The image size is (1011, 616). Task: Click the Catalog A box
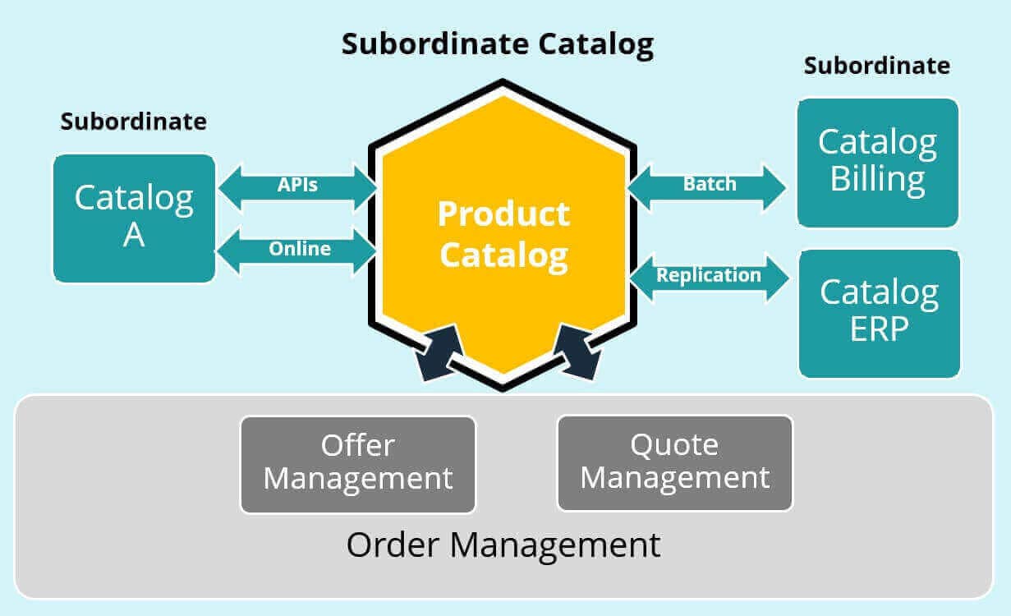tap(134, 218)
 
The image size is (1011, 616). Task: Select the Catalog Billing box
tap(877, 163)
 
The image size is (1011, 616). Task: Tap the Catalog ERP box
tap(879, 313)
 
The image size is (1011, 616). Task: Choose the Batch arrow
tap(708, 185)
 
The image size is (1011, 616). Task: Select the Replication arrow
tap(708, 276)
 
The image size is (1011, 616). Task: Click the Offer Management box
tap(357, 463)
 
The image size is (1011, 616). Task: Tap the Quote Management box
tap(674, 462)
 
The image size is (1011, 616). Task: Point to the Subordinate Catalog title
tap(498, 44)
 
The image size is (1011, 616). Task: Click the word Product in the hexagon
tap(503, 214)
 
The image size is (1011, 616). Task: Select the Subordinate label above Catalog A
tap(133, 122)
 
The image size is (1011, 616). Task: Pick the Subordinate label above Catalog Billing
tap(876, 65)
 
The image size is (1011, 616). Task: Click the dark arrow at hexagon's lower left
tap(437, 352)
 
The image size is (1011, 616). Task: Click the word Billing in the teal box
tap(877, 180)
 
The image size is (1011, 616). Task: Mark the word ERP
tap(879, 330)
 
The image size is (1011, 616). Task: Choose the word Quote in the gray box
tap(674, 445)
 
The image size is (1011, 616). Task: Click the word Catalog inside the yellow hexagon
tap(503, 255)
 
